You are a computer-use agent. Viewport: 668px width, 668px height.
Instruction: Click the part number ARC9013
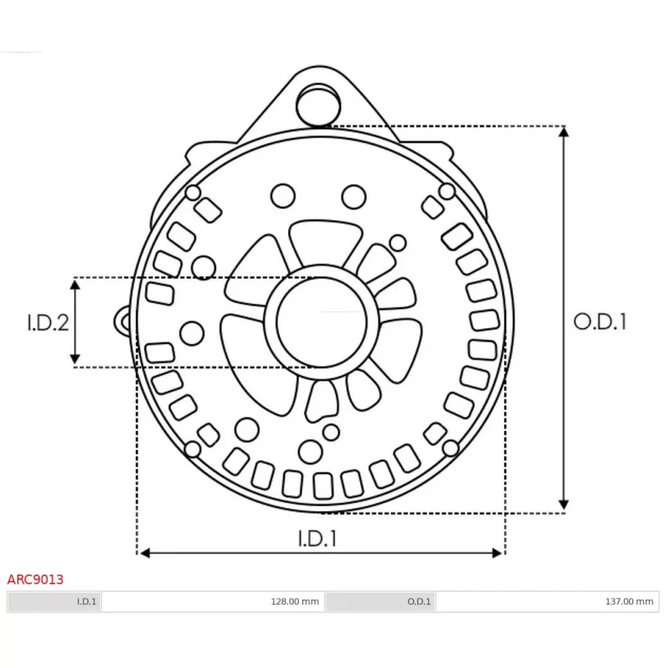[35, 578]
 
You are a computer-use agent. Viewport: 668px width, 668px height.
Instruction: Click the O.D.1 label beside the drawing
[599, 321]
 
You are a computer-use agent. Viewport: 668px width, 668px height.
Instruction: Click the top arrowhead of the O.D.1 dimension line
[565, 133]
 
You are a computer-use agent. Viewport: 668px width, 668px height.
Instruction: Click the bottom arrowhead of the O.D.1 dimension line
[565, 504]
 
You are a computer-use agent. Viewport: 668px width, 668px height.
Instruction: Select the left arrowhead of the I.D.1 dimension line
[144, 552]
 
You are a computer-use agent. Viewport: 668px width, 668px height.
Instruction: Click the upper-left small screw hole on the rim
[193, 194]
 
